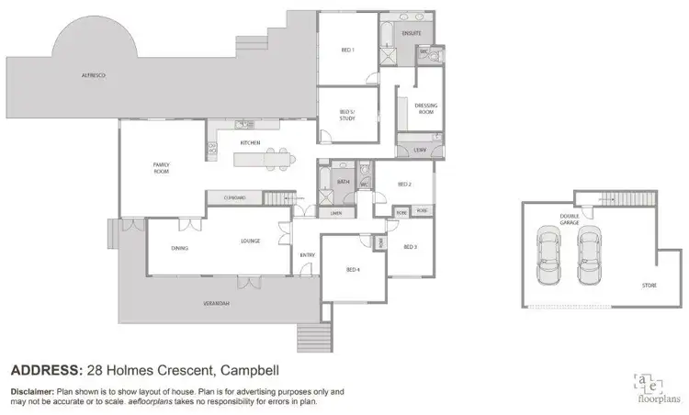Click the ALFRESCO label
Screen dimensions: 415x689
(x=93, y=74)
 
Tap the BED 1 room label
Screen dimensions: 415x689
(x=347, y=50)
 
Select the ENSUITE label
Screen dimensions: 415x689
(x=412, y=33)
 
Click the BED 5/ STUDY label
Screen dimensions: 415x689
(x=347, y=115)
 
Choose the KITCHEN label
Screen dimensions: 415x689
(x=251, y=143)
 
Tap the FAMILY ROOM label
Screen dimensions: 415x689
(x=163, y=168)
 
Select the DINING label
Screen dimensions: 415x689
(x=180, y=248)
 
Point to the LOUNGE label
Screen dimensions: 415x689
(x=250, y=241)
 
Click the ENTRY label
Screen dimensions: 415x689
(x=307, y=255)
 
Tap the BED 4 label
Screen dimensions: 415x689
(x=353, y=269)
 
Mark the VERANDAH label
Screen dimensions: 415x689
(x=217, y=303)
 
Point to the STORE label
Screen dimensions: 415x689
(x=649, y=286)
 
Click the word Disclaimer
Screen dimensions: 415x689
(x=35, y=391)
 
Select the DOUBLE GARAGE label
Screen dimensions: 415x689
(x=570, y=219)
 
